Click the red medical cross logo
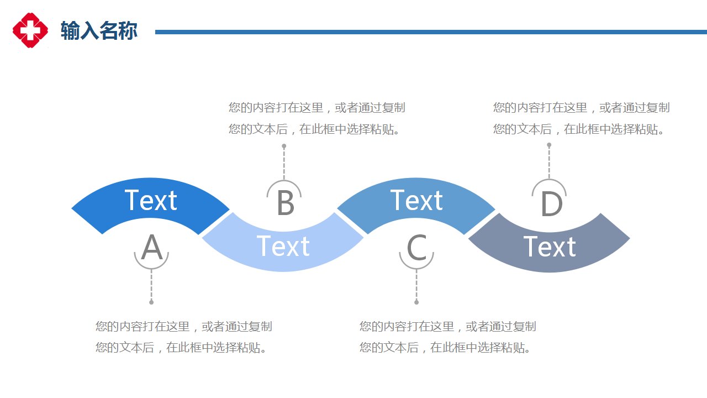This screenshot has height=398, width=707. (30, 30)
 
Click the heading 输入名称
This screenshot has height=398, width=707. (99, 31)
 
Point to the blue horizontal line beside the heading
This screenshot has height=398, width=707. (431, 32)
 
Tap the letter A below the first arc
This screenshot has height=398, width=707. (152, 247)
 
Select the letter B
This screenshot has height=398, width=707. (286, 203)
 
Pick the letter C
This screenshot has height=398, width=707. (416, 247)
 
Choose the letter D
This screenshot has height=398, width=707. (551, 204)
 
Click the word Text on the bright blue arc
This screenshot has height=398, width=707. (151, 200)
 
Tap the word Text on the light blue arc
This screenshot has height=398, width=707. (283, 246)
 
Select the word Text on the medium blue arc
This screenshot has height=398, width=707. (416, 200)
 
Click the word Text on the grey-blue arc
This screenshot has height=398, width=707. (550, 247)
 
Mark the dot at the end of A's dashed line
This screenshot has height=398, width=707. (151, 302)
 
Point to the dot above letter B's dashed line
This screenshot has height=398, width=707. (284, 146)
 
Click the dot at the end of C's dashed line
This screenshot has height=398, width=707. (416, 302)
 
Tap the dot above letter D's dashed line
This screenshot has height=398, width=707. (549, 145)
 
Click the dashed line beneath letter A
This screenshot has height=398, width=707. (151, 285)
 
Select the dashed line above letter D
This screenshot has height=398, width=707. (549, 163)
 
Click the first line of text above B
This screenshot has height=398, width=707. (317, 108)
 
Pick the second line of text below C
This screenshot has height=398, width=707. (445, 348)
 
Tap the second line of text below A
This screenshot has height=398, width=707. (181, 348)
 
